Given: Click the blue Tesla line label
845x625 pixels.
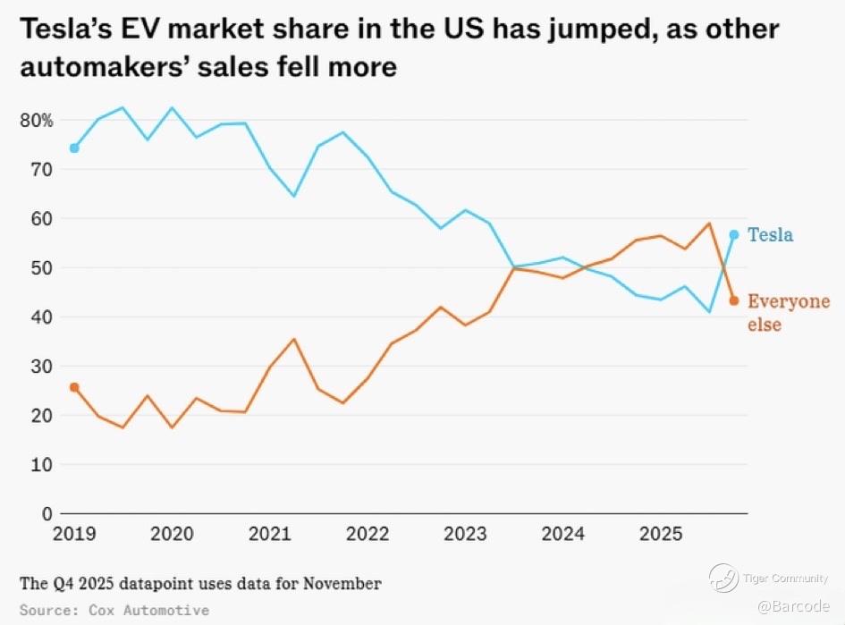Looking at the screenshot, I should (x=770, y=235).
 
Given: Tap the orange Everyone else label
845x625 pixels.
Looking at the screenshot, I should (x=788, y=313).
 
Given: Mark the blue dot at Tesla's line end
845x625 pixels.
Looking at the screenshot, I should (x=734, y=234).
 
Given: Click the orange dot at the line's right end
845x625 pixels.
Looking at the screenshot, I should (x=734, y=300).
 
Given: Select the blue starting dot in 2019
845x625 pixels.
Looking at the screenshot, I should (x=74, y=148).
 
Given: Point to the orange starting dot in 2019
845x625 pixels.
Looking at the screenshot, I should (x=74, y=387).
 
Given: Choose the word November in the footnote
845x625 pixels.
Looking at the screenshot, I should (x=342, y=584).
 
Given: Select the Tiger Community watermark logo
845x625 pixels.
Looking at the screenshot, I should (x=723, y=578).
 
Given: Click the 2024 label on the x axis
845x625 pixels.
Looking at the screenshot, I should (x=563, y=535).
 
